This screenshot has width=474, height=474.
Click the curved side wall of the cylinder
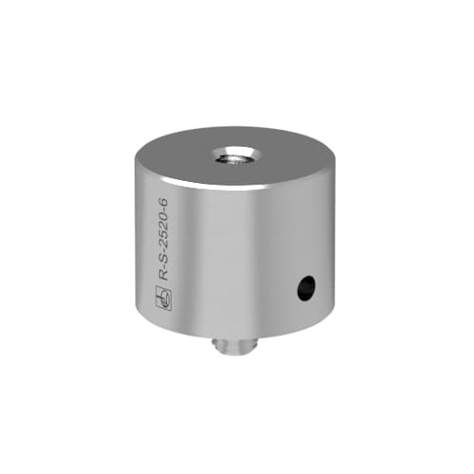[x=237, y=256]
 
